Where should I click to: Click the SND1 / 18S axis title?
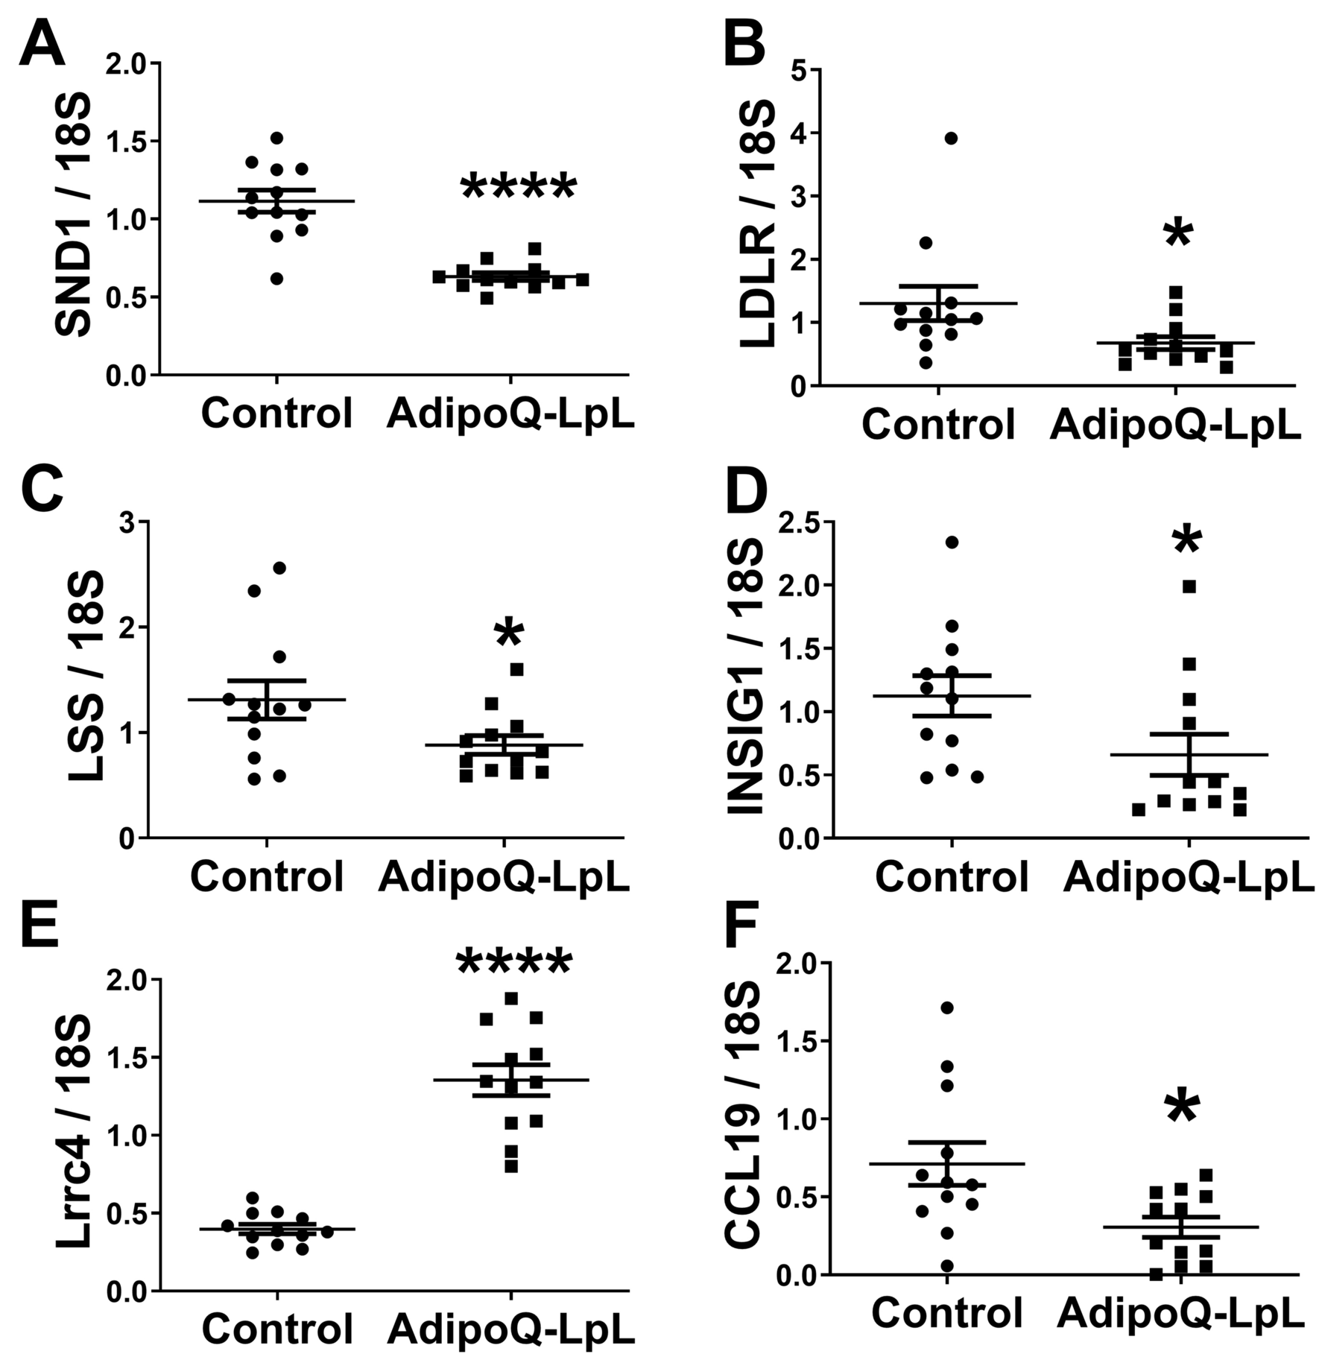[x=73, y=216]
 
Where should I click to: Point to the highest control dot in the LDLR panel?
[x=950, y=138]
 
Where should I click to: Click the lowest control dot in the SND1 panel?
[x=276, y=279]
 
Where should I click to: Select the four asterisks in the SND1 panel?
[x=518, y=187]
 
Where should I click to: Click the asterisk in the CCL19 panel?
[x=1182, y=1108]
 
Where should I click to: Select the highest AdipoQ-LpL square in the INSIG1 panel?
[x=1189, y=586]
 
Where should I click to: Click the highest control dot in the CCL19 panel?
[x=947, y=1008]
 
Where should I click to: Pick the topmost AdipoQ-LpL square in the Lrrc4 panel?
[x=511, y=998]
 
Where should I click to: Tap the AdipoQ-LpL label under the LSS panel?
[x=504, y=876]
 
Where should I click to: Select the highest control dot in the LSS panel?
[x=280, y=568]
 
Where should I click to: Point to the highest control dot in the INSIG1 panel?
[x=952, y=542]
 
